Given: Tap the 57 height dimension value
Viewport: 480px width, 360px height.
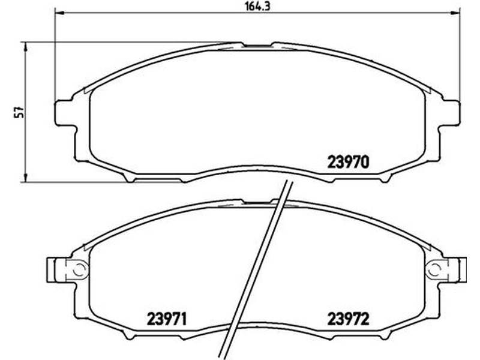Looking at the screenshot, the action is click(20, 112).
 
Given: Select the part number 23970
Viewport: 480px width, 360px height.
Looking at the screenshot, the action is click(349, 162).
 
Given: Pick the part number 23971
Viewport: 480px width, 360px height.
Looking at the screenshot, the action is click(167, 319).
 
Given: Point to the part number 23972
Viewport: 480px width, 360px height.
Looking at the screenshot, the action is click(349, 319).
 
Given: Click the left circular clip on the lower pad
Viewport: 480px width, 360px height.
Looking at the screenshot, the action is click(80, 269).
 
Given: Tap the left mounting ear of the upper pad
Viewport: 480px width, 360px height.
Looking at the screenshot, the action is click(64, 113).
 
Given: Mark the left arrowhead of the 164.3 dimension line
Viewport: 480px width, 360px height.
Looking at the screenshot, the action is click(58, 13).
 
